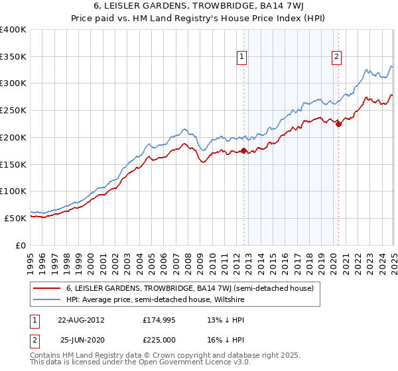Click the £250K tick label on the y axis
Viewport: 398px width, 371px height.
(13, 111)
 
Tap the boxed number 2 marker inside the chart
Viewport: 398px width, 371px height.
(337, 58)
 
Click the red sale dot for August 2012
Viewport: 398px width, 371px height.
(243, 151)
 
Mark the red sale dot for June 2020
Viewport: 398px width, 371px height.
(338, 124)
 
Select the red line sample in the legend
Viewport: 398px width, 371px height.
(46, 288)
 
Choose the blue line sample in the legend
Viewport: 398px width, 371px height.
(46, 300)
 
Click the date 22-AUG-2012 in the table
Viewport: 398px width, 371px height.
(81, 320)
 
